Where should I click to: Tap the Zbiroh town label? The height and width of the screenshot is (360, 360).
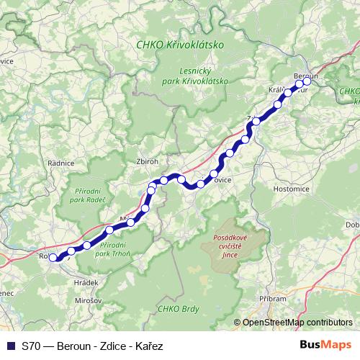pyautogui.click(x=147, y=162)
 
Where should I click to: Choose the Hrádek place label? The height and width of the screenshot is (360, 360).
pyautogui.click(x=86, y=283)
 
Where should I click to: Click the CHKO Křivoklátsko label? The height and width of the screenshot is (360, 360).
pyautogui.click(x=180, y=45)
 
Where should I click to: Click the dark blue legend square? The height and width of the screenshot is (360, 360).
pyautogui.click(x=9, y=345)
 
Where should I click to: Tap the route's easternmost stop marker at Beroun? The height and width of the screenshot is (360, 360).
pyautogui.click(x=307, y=81)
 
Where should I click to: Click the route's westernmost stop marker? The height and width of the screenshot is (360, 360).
pyautogui.click(x=53, y=257)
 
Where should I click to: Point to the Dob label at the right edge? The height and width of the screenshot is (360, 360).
pyautogui.click(x=352, y=225)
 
